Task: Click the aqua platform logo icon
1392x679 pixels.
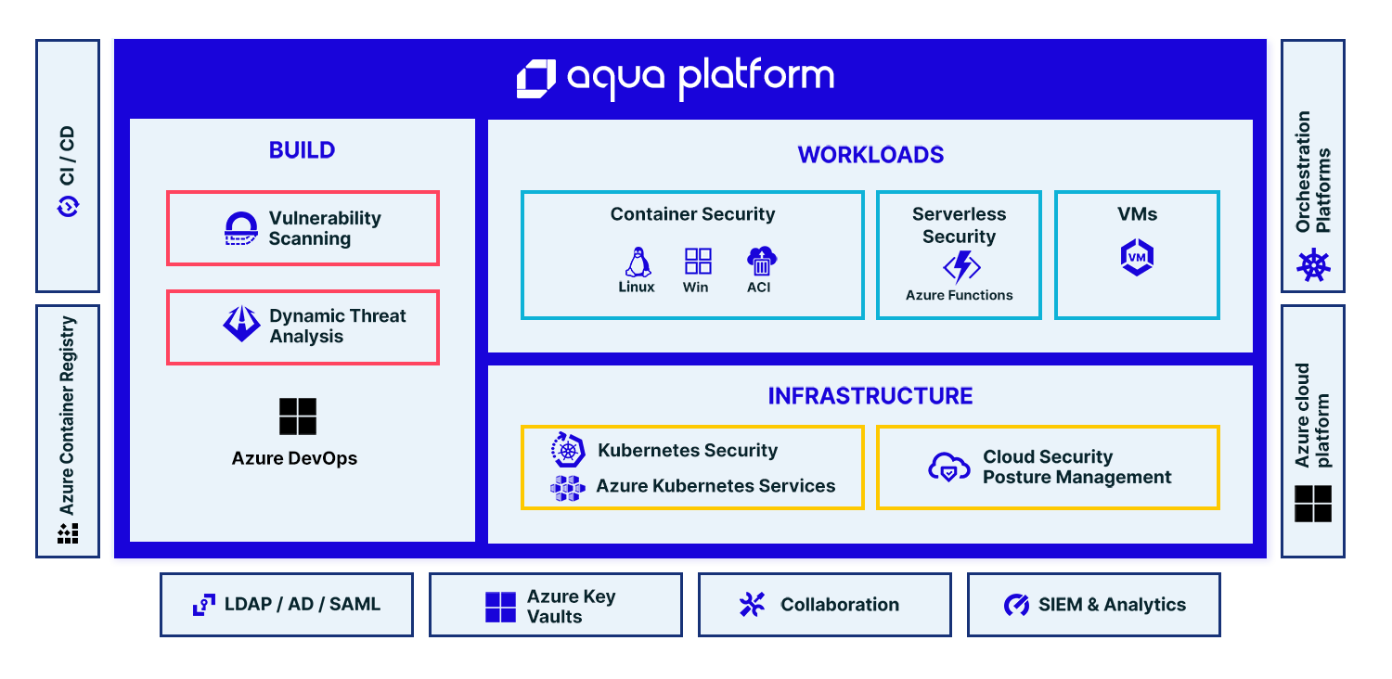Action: (536, 79)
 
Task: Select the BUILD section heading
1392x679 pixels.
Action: (302, 150)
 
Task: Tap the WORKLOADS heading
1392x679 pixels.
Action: (870, 155)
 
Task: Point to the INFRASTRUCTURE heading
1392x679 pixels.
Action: (870, 396)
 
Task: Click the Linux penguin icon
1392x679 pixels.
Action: (638, 263)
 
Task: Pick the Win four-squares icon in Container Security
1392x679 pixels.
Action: (698, 262)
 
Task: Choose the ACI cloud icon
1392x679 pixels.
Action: (761, 261)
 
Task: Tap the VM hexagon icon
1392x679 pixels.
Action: (1137, 257)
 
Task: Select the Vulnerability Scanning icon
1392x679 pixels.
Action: (240, 228)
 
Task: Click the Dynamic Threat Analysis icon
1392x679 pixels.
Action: (241, 324)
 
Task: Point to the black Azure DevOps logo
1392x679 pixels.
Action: (298, 416)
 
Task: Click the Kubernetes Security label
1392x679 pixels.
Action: (688, 450)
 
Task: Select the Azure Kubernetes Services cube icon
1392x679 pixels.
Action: (567, 488)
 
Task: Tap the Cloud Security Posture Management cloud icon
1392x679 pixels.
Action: (949, 468)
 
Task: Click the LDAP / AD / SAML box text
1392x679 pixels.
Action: (302, 604)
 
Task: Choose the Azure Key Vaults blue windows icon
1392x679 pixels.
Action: (500, 607)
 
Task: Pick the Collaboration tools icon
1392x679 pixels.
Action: (752, 605)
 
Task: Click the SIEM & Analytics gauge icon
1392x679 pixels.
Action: (1017, 605)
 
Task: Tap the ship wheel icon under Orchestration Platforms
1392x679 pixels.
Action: (1313, 265)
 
